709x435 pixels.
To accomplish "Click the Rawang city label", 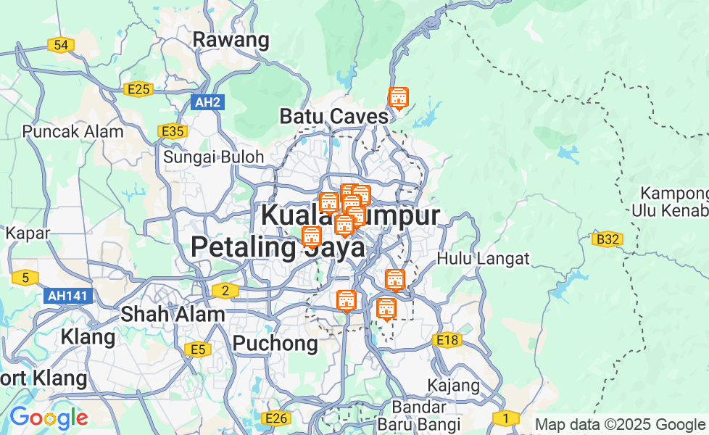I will point(231,40).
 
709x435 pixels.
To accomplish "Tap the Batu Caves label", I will point(333,116).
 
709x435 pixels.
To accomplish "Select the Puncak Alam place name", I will point(72,132).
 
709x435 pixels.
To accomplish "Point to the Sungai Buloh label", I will point(213,156).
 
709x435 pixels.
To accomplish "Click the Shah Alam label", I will point(173,315).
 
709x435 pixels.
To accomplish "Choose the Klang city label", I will point(88,337).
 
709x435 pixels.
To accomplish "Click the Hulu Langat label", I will point(484,258).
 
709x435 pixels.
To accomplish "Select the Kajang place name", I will point(455,384).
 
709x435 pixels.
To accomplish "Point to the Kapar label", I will point(28,233).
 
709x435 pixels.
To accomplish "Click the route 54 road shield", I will point(61,46).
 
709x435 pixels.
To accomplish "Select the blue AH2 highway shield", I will point(207,102).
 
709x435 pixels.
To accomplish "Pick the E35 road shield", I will point(173,131).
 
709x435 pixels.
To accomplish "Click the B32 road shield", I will point(607,239).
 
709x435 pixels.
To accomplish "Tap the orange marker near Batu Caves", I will point(398,98).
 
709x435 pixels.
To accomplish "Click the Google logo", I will point(49,418).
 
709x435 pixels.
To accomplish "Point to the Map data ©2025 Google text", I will point(619,425).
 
